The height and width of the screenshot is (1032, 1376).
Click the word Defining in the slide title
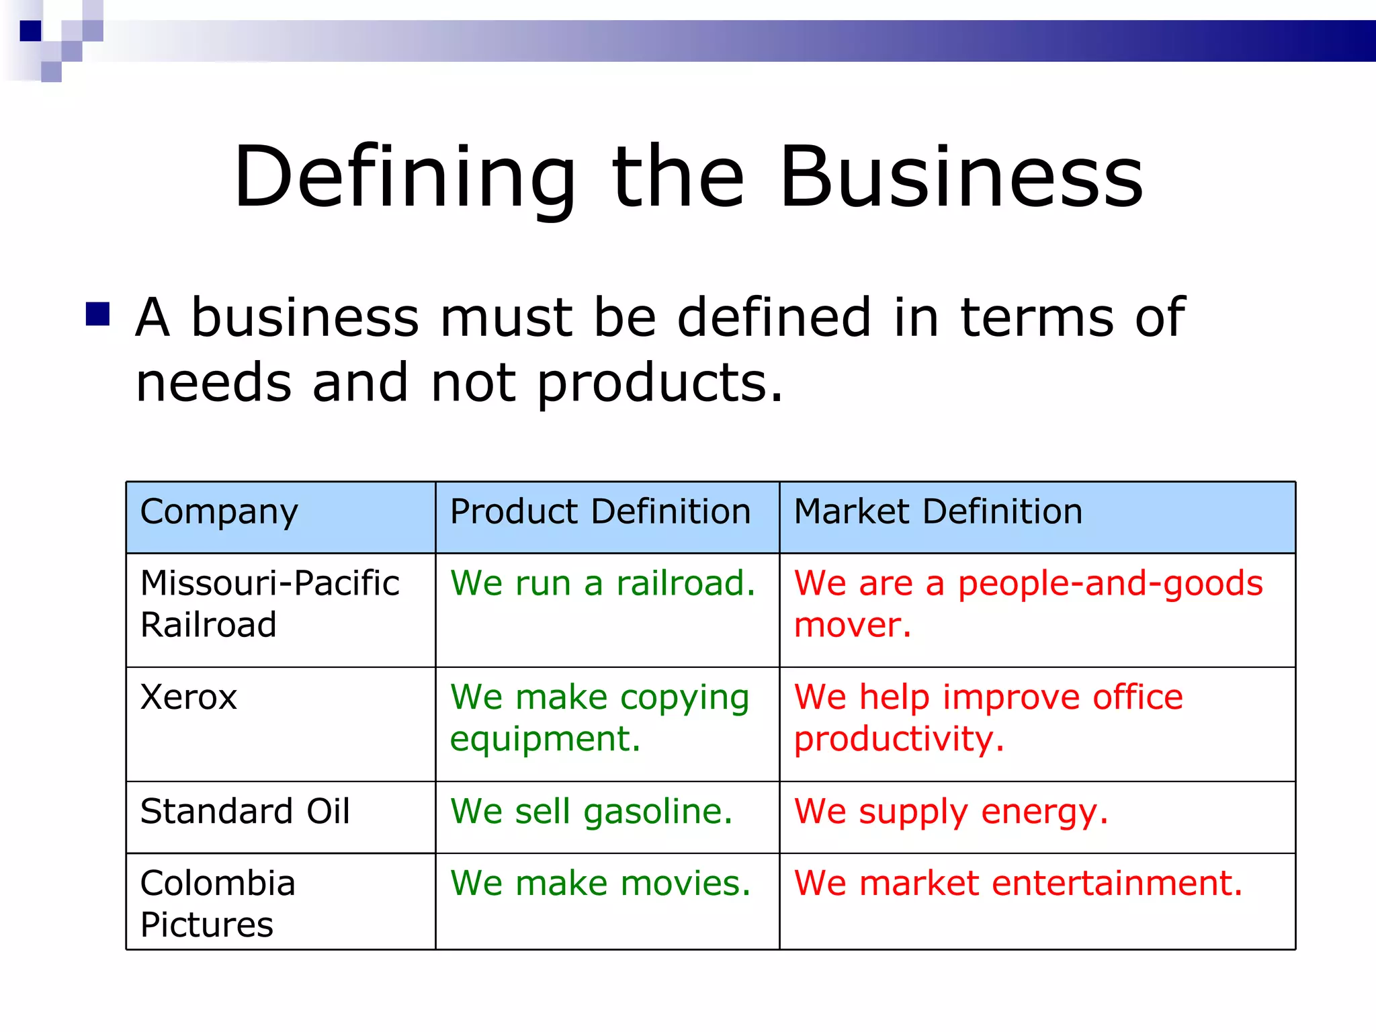tap(404, 177)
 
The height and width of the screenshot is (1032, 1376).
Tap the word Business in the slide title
tap(961, 177)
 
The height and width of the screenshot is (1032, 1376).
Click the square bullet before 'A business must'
tap(98, 314)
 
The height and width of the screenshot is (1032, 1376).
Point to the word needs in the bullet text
tap(214, 383)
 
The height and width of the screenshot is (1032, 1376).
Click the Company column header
tap(219, 512)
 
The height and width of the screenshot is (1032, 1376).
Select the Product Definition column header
tap(600, 512)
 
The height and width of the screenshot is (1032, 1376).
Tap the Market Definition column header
tap(938, 512)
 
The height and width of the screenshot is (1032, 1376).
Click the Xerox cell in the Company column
tap(189, 697)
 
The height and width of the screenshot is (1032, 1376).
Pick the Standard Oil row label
tap(245, 812)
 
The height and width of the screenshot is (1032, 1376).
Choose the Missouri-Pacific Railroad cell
tap(270, 603)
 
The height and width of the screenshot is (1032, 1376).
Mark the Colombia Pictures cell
tap(218, 903)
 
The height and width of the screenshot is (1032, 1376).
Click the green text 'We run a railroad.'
tap(603, 583)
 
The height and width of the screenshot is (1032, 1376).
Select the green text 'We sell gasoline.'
tap(591, 812)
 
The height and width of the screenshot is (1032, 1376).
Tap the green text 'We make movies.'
tap(600, 883)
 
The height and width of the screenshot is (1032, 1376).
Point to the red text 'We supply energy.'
tap(951, 812)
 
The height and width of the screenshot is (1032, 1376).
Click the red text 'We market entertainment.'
tap(1018, 883)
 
